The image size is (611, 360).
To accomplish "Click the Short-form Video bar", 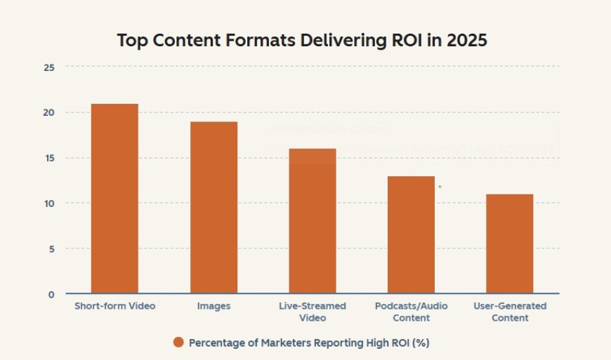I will point(114,199).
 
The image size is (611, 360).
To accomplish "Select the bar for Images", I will point(213,208).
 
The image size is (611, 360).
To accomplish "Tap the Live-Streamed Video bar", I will point(312,221).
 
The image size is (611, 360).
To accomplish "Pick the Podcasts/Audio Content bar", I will point(411,234).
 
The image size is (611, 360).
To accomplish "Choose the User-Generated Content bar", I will point(509,244).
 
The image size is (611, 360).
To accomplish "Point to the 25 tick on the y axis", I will point(48,67).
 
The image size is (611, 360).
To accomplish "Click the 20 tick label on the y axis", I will point(48,113).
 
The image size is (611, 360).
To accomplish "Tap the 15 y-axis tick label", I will point(48,159).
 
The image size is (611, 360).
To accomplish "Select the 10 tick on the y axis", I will point(48,204).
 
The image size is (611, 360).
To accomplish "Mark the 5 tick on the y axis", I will point(51,249).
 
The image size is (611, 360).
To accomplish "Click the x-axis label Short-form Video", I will point(114,307).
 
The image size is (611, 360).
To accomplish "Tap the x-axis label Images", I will point(213,307).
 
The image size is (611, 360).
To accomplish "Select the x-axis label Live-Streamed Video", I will point(312,312).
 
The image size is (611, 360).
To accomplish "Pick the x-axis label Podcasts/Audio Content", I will point(411,312).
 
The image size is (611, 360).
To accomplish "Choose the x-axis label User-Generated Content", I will point(509,312).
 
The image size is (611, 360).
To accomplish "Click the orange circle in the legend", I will point(178,342).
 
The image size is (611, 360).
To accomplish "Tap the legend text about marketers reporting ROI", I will point(309,342).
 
